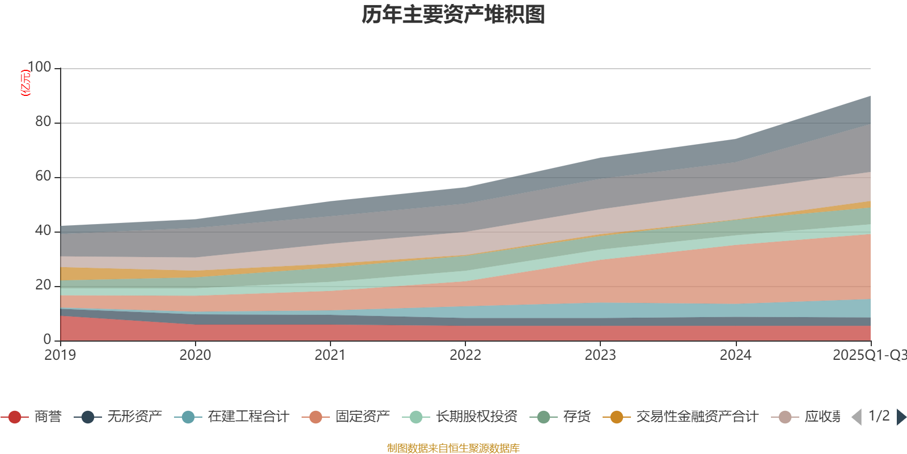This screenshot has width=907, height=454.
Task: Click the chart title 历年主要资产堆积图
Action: tap(453, 15)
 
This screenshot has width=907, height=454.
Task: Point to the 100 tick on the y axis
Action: tap(39, 67)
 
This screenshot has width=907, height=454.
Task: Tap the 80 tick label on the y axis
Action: tap(43, 121)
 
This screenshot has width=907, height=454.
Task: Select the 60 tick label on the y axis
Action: tap(43, 176)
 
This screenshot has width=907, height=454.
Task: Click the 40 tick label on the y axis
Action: tap(43, 230)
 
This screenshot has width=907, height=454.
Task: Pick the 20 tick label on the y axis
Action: tap(43, 285)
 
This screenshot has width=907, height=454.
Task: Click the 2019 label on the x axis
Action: tap(60, 355)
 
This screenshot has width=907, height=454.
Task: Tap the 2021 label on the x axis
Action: tap(330, 355)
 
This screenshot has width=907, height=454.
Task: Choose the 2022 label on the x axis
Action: tap(465, 355)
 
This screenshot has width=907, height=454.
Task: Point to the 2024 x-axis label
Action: tap(735, 355)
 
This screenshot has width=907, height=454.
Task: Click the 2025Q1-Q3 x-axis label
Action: tap(868, 355)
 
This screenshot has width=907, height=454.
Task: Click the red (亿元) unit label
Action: tap(26, 83)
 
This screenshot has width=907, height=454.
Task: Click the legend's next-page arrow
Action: tap(901, 417)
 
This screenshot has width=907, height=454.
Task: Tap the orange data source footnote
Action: tap(453, 448)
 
